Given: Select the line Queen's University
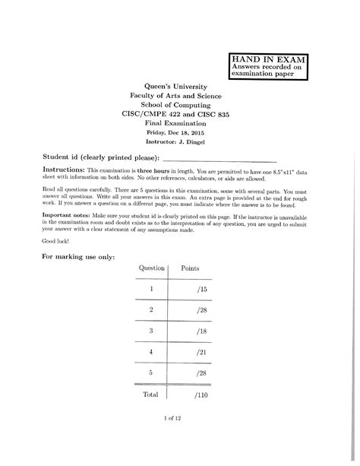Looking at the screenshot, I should tap(180, 88).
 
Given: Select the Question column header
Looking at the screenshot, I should tap(152, 269).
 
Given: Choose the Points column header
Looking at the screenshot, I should tap(190, 269).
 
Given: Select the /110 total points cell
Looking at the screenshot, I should tap(201, 395).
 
